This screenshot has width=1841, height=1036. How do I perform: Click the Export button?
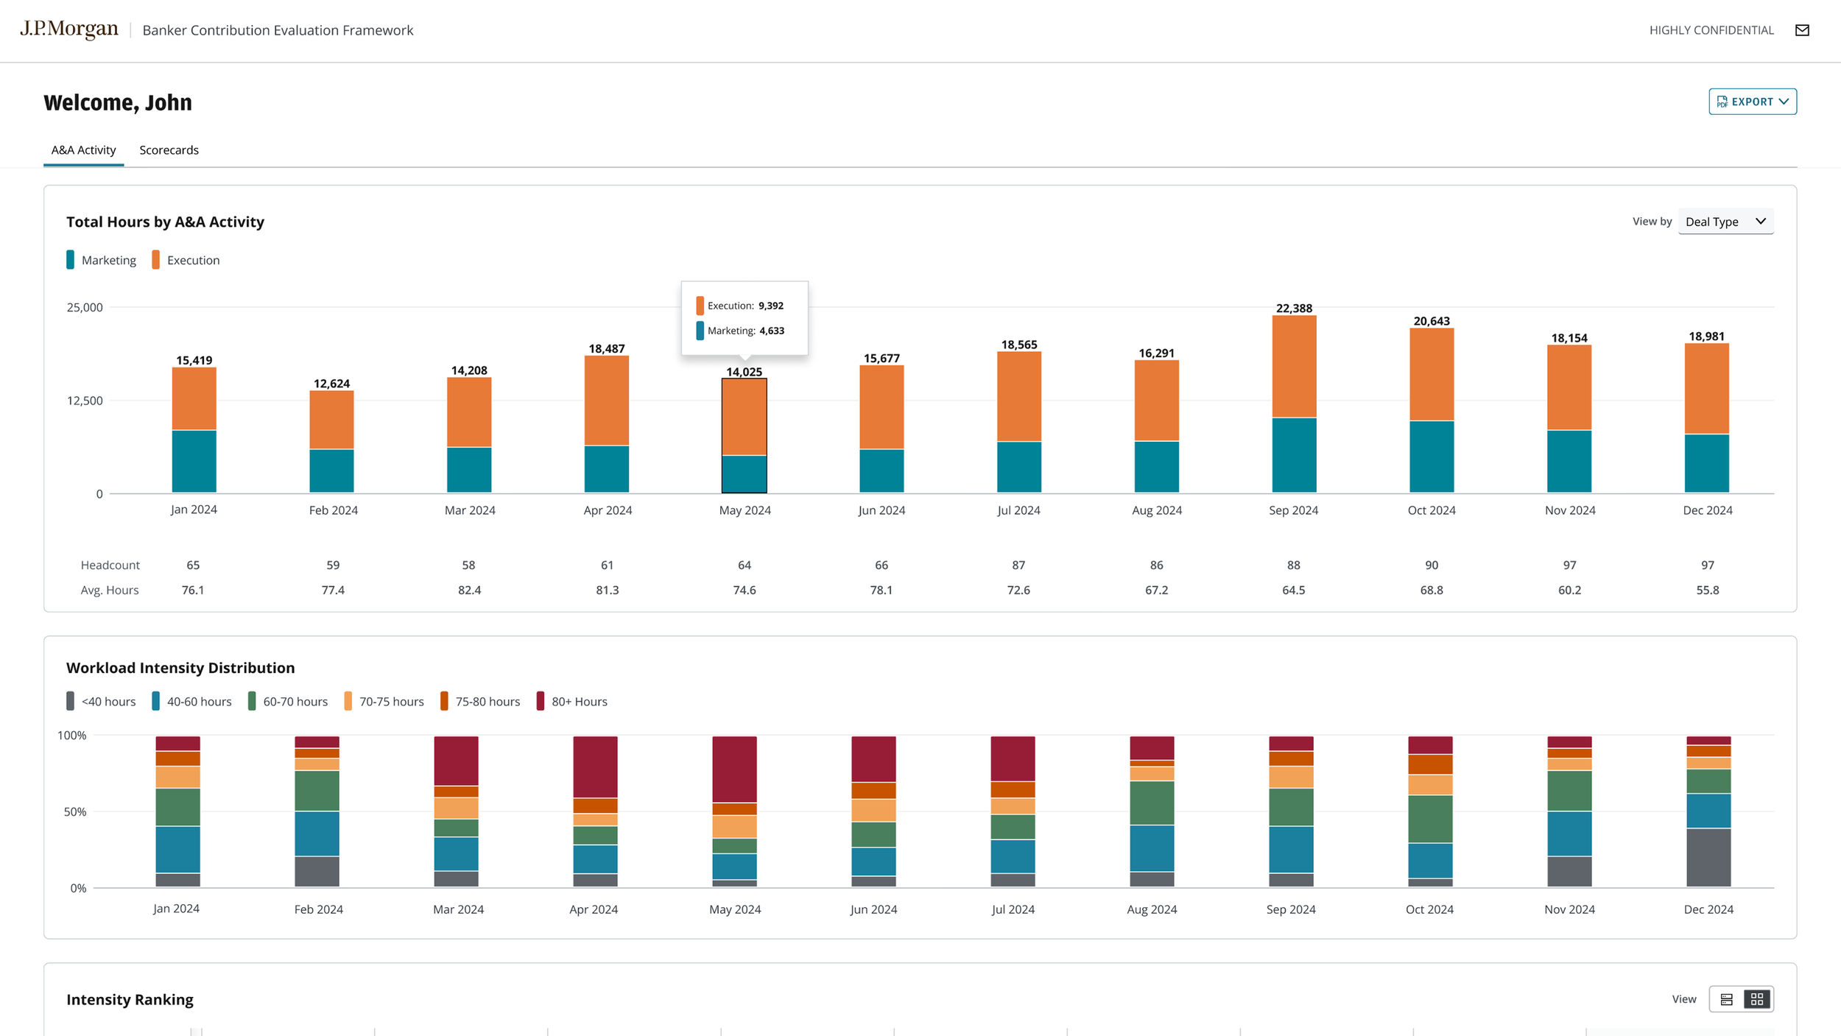1752,102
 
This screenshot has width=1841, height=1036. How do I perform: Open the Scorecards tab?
169,150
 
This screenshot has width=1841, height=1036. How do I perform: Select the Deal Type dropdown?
1725,222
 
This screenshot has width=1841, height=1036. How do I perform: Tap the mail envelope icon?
1802,30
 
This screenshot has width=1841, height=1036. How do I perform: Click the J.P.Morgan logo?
69,29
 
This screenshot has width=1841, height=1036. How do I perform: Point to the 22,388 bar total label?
1294,309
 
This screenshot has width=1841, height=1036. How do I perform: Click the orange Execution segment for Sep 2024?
1294,367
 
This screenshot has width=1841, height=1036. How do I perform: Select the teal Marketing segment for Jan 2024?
194,462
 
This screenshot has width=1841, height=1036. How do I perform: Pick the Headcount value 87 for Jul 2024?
1018,565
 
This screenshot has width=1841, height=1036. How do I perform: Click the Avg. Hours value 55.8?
1708,590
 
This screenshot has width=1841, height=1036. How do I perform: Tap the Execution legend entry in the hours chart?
186,260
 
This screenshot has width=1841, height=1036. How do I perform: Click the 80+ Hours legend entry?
572,702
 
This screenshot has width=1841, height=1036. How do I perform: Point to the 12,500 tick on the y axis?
85,401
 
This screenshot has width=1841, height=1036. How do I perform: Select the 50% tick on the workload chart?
74,811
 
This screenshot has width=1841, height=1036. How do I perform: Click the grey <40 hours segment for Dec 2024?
1708,858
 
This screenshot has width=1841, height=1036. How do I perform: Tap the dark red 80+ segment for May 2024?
734,769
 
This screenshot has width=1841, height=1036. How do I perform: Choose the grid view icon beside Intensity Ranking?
1757,999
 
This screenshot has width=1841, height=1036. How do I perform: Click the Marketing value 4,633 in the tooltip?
772,331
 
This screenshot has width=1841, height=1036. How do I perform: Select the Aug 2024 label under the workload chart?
1152,909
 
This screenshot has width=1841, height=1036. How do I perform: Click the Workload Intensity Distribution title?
180,668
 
